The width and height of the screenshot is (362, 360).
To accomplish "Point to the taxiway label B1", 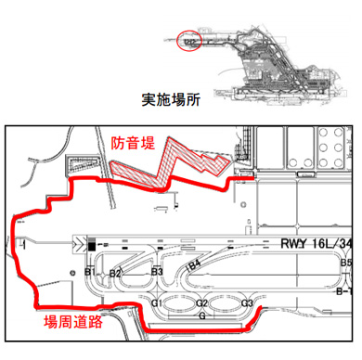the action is coord(87,273).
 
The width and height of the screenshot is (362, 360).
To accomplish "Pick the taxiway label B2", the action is coord(116,274).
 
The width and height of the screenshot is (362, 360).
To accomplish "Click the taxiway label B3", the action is coord(158,272).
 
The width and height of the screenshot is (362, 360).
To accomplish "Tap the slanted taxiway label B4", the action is coord(195,265).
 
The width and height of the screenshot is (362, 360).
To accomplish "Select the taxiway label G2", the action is coord(201,304).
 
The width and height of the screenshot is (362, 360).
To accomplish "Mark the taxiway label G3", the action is coord(247,304).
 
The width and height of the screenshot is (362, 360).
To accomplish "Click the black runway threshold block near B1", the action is coord(91,246).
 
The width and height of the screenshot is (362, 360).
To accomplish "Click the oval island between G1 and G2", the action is coord(180,304).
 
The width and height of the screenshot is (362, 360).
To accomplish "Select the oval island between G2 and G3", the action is coord(224,304).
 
